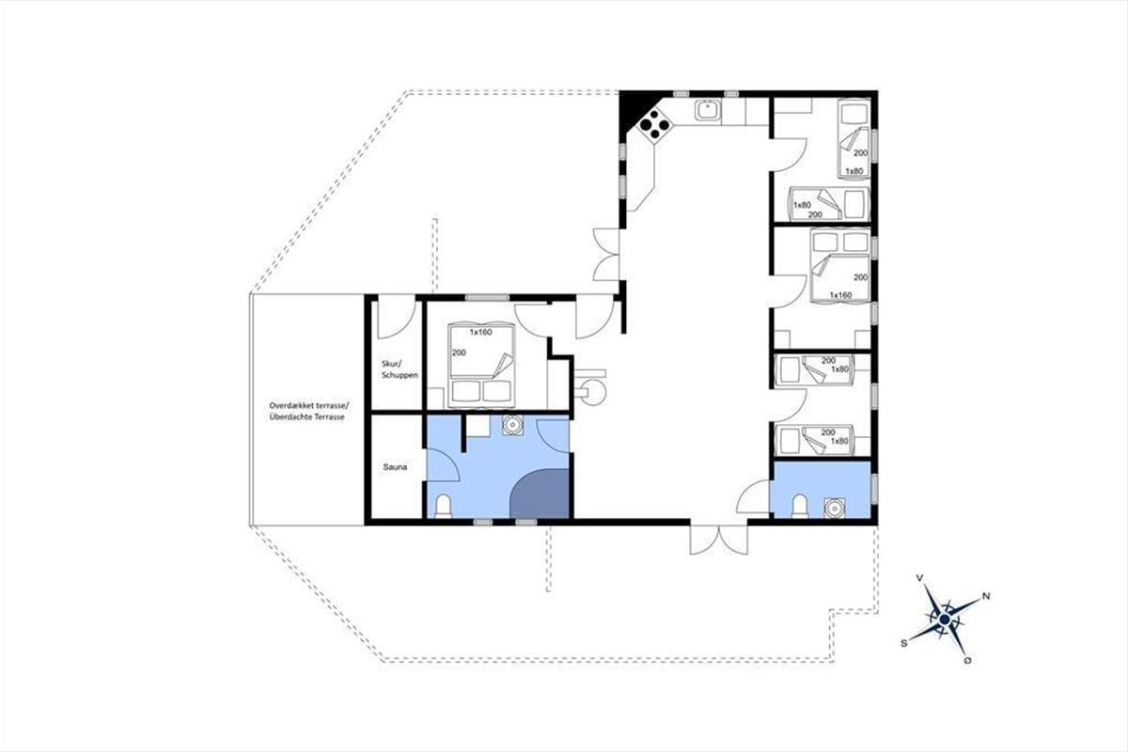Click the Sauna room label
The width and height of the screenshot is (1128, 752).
click(395, 467)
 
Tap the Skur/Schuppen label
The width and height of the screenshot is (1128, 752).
click(399, 369)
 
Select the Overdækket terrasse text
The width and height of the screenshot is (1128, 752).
click(308, 405)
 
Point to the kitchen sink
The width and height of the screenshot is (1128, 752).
click(708, 110)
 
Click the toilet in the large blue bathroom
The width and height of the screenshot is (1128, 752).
click(443, 506)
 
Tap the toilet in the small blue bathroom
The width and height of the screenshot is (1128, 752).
click(800, 506)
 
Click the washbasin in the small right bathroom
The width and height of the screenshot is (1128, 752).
click(835, 508)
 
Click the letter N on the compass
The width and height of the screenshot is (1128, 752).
click(986, 596)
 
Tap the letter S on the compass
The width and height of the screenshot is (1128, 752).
click(904, 643)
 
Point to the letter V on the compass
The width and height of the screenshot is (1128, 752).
click(920, 578)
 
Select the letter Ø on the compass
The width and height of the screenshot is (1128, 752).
click(967, 661)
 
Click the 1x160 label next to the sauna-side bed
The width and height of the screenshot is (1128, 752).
click(481, 333)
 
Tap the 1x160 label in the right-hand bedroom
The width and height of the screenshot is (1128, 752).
click(840, 294)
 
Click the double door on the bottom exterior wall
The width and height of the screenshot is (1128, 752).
click(719, 539)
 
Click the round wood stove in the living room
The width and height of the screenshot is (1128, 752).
click(592, 391)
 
